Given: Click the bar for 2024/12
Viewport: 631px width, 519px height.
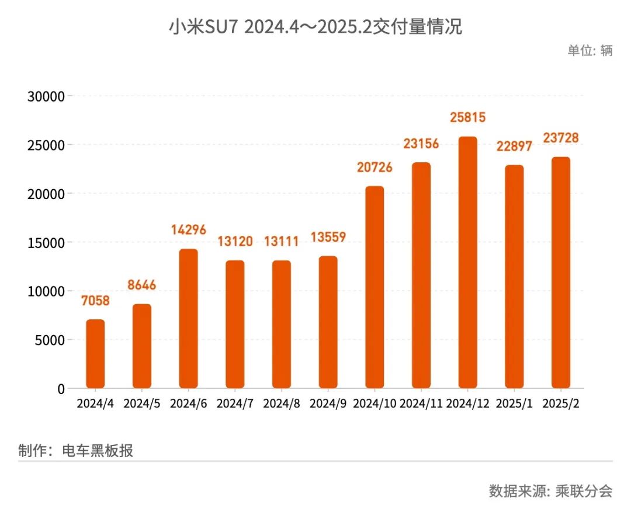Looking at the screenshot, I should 467,263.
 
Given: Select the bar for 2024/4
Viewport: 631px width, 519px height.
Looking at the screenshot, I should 95,354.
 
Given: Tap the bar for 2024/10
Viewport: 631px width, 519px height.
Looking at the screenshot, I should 375,287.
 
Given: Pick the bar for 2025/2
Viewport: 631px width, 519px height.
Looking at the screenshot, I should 560,273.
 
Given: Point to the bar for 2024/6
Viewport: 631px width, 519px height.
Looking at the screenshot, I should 188,319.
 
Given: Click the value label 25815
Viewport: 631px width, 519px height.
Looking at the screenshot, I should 467,117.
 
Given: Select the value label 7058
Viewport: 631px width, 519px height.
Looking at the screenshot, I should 95,301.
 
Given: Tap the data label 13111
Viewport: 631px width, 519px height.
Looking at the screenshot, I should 281,241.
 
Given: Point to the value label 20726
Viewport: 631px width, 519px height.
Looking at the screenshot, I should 375,168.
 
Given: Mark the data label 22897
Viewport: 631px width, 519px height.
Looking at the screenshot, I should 514,146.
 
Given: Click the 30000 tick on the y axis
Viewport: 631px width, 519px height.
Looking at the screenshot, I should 46,96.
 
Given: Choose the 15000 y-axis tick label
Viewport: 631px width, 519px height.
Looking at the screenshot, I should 46,242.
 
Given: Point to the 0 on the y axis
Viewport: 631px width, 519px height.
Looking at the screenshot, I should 61,389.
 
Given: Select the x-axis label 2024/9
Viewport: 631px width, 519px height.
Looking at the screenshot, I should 328,404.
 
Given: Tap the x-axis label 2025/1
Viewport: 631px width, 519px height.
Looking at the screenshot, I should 514,404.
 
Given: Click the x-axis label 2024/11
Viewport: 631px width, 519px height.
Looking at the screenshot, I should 421,404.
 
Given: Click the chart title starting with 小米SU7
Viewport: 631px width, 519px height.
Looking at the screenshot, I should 315,27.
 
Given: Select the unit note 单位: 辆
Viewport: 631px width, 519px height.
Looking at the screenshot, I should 590,51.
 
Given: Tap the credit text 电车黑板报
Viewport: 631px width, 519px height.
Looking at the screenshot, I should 98,451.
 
